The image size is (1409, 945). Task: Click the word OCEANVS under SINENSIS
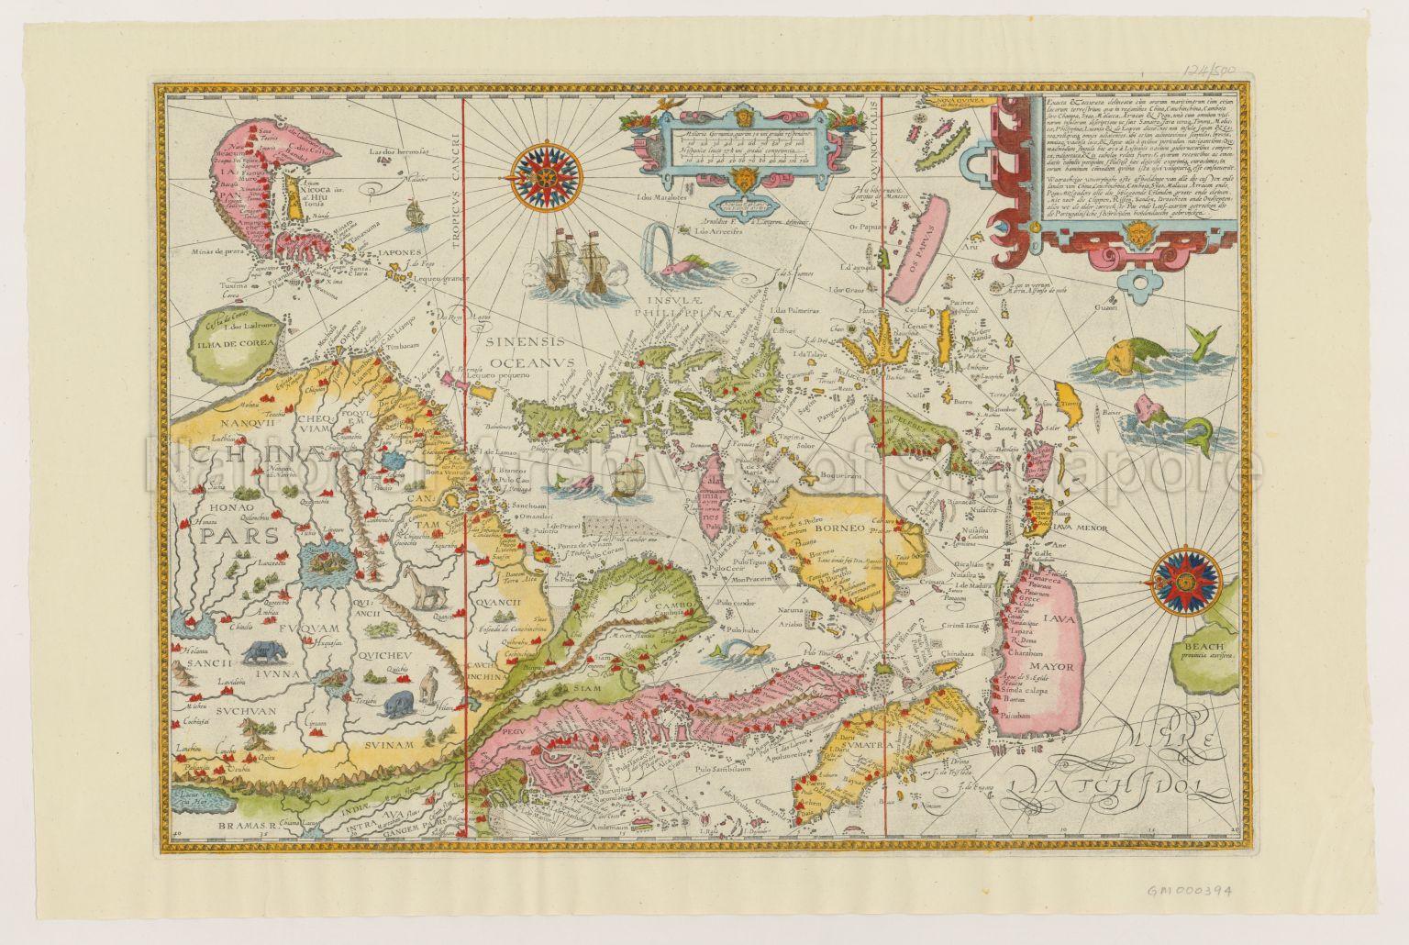(x=524, y=361)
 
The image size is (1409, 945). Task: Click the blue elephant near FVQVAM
(x=264, y=652)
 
